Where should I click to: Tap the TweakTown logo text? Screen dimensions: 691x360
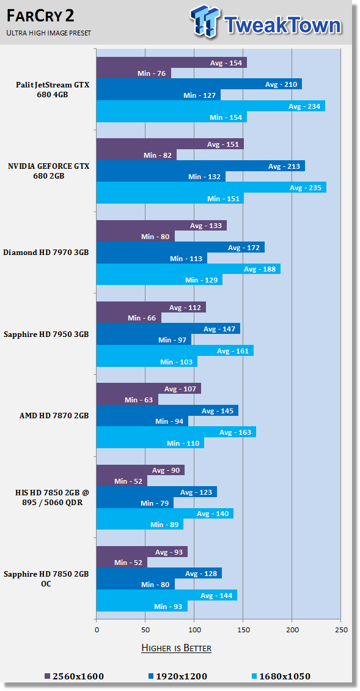tap(282, 24)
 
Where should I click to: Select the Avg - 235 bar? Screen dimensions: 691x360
tap(211, 187)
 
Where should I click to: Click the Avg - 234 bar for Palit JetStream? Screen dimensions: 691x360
tap(210, 106)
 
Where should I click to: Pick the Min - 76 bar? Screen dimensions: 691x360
tap(133, 73)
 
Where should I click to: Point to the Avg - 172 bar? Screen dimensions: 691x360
tap(180, 247)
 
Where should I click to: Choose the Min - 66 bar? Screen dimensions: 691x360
tap(129, 317)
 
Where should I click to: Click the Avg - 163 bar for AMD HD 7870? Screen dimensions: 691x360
tap(176, 432)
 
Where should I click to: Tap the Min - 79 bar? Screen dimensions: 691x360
tap(134, 503)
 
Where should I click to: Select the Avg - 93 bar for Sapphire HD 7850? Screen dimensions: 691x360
tap(142, 552)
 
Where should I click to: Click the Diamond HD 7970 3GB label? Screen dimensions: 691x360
tap(46, 252)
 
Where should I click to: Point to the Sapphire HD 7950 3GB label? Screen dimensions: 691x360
tap(46, 334)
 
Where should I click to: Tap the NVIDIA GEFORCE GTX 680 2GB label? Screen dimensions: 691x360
tap(48, 171)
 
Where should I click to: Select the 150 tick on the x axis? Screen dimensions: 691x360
tap(243, 629)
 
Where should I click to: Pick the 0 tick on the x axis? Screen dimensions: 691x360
tap(97, 629)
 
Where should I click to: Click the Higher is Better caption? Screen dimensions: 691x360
tap(176, 648)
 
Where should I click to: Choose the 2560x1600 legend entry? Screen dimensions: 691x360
tap(74, 676)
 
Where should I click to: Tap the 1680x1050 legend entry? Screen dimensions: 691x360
tap(281, 676)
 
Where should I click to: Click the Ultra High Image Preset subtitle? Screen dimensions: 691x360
tap(49, 33)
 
